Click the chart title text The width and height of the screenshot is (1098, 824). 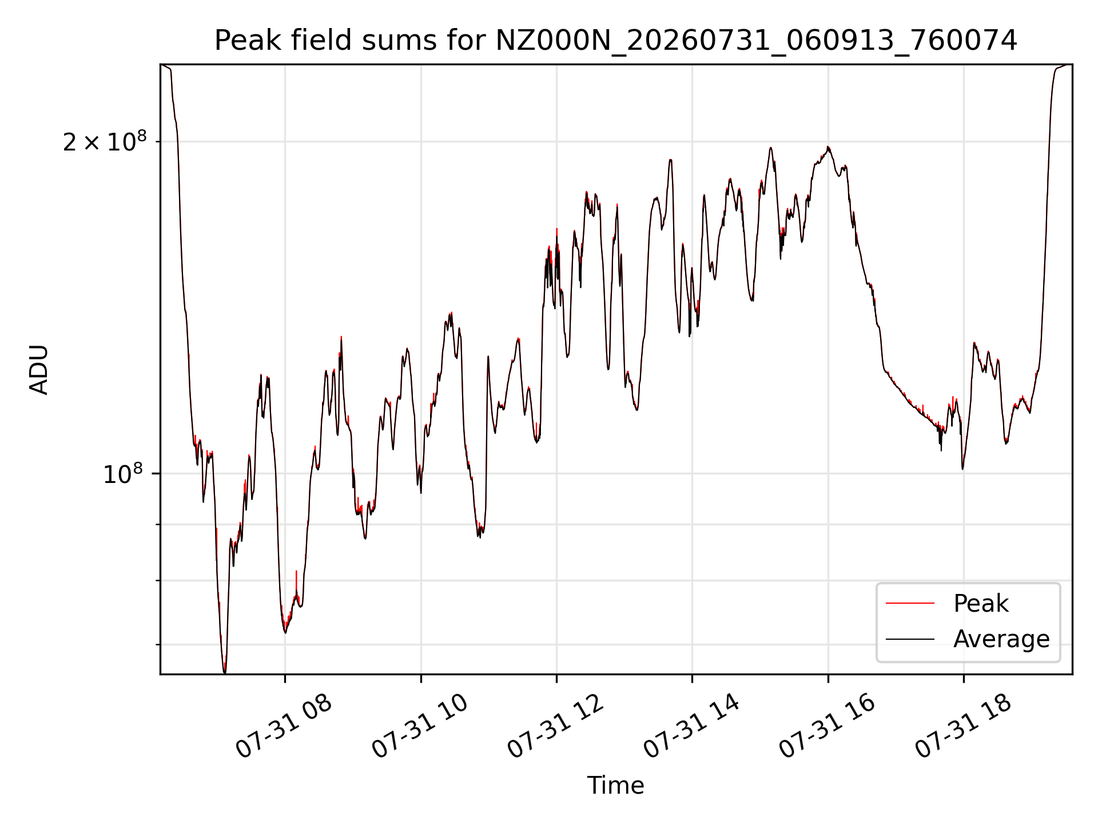(616, 41)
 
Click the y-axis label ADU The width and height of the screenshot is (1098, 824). (39, 370)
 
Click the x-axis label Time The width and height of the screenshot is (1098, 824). (615, 786)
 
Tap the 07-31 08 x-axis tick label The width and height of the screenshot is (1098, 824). (284, 727)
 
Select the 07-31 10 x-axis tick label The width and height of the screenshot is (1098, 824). (420, 727)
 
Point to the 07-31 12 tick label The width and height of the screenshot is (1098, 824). (556, 727)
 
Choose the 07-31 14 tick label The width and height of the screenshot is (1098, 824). (692, 727)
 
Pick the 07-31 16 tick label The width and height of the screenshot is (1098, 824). (828, 727)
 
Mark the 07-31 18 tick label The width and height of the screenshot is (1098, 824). (964, 727)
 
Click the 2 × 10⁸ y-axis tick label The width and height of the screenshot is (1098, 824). (105, 142)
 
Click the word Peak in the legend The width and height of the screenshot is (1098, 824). (981, 604)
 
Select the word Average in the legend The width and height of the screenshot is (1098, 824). (1001, 639)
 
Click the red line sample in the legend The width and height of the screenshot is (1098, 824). (910, 604)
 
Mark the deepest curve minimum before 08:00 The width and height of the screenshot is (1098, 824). (224, 672)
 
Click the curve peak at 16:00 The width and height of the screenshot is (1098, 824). (828, 147)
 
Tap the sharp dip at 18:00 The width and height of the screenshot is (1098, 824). (963, 469)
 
